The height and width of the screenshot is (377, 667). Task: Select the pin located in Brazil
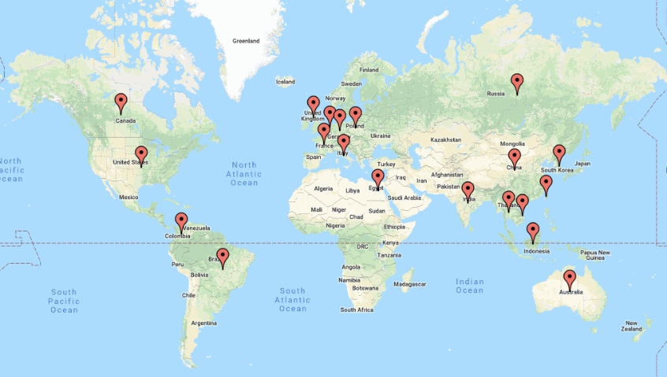[223, 257]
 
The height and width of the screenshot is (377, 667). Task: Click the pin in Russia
[516, 81]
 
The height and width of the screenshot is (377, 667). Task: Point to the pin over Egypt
[378, 178]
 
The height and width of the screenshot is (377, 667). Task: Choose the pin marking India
[468, 190]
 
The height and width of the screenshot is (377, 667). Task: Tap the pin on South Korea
[559, 153]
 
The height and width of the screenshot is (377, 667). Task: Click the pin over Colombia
[181, 221]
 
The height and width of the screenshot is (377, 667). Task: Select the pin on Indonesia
[533, 231]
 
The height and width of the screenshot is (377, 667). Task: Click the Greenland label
[246, 41]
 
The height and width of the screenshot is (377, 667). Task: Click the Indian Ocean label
[470, 286]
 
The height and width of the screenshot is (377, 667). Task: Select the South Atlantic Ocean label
[292, 299]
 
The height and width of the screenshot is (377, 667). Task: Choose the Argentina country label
[203, 323]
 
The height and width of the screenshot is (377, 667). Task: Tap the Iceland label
[285, 81]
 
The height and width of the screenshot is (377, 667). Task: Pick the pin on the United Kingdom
[313, 104]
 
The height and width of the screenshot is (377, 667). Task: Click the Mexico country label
[129, 197]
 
